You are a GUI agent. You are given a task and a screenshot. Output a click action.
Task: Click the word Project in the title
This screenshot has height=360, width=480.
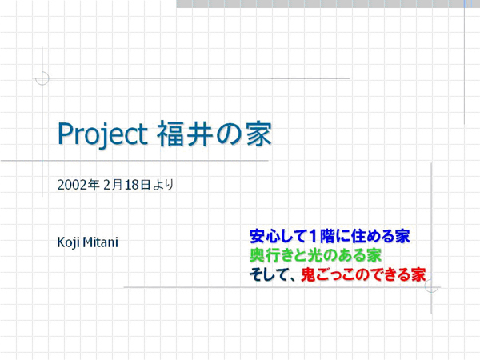coord(103,134)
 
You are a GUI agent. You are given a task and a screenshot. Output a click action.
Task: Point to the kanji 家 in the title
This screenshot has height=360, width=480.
coord(259,134)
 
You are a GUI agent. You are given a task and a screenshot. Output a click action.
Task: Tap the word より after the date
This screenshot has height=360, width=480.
coord(163,185)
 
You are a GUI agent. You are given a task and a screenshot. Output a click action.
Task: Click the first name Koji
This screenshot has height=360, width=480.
coord(69,242)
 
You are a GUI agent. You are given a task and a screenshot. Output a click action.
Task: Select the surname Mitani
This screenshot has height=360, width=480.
coord(101,242)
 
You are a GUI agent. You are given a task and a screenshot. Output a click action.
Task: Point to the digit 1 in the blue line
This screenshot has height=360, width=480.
coord(313,236)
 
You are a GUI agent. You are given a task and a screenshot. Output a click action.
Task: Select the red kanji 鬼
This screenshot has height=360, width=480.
coord(308,274)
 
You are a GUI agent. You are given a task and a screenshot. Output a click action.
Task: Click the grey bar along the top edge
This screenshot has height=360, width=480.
coord(320,4)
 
